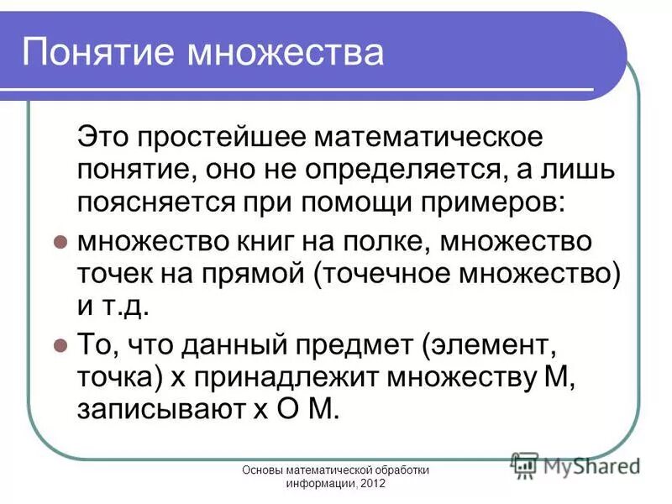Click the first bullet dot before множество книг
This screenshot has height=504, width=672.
(60, 241)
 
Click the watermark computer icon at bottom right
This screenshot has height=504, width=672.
(525, 465)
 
